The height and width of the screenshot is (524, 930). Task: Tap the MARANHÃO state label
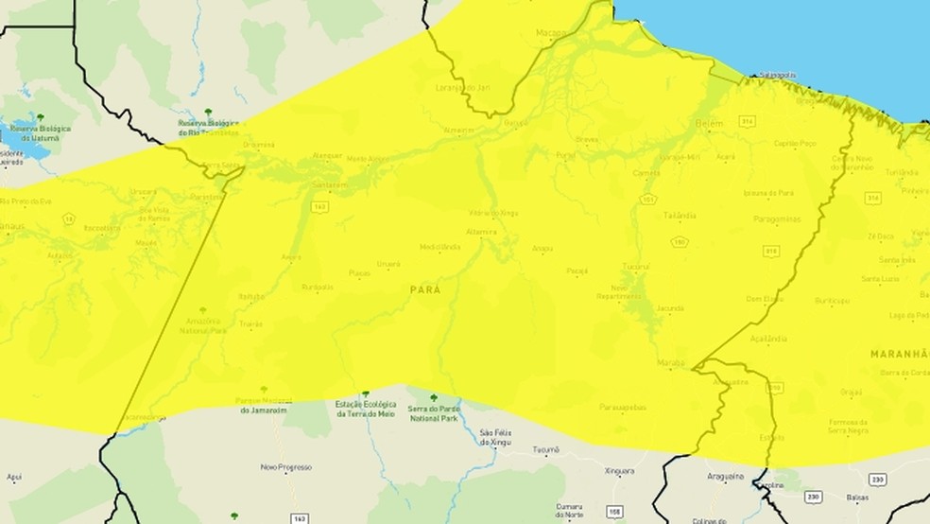[899, 353]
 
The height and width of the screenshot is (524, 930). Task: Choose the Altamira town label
[481, 231]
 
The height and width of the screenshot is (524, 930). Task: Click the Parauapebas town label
[622, 407]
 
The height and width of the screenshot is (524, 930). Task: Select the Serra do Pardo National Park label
[435, 412]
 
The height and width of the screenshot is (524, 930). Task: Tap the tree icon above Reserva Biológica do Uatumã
[40, 117]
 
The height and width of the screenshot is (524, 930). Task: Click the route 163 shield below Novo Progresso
[300, 518]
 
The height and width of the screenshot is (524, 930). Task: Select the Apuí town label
[13, 479]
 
